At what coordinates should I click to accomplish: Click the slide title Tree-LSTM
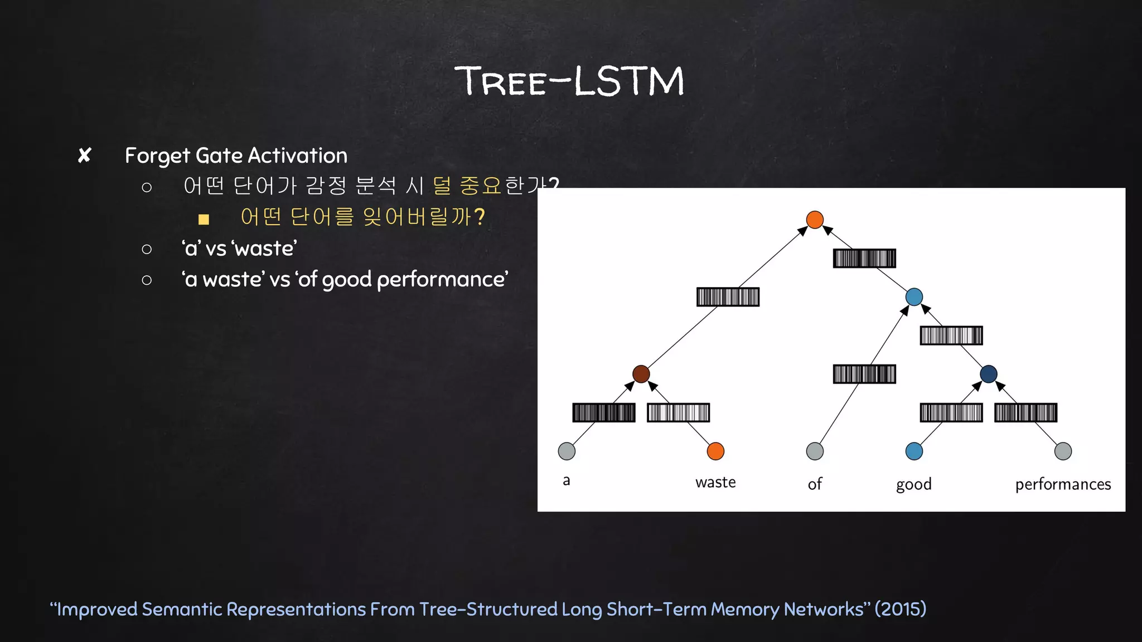click(570, 81)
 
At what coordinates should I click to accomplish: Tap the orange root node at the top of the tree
click(815, 220)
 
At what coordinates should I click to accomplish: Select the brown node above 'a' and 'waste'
click(641, 374)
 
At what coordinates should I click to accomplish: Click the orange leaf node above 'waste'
click(715, 451)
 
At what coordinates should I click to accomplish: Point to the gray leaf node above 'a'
click(567, 451)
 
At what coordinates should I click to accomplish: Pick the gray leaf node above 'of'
click(815, 451)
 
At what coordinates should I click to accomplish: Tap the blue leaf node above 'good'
click(914, 451)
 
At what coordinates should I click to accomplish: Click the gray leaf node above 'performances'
click(1063, 451)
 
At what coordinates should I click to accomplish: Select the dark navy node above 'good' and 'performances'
click(988, 374)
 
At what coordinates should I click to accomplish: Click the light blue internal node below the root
click(914, 296)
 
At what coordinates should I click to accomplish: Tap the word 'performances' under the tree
click(1063, 484)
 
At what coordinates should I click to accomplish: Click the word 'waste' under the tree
click(715, 482)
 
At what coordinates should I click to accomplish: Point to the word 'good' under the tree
click(914, 484)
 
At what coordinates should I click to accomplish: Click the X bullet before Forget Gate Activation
click(84, 155)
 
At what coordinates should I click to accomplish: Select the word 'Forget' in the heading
click(157, 156)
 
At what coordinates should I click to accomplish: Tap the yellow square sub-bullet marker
click(204, 219)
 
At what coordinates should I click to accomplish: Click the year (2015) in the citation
click(900, 609)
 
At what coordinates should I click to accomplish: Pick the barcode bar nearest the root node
click(864, 259)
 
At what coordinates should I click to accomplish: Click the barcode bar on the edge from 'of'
click(864, 374)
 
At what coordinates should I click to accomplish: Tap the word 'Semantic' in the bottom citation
click(182, 609)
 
